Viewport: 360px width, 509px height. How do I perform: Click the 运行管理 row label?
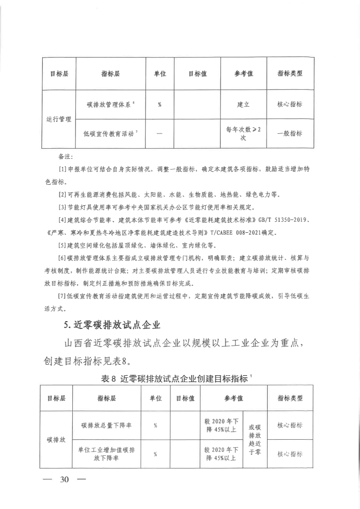coord(59,119)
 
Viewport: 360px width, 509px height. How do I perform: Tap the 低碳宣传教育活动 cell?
coord(111,133)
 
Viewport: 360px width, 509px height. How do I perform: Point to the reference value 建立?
coord(243,105)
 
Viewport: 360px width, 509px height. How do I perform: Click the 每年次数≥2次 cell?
coord(243,133)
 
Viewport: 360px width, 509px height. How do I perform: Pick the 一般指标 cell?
coord(290,133)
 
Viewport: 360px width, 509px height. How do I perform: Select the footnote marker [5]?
coord(62,244)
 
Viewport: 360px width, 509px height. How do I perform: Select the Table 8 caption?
coord(177,378)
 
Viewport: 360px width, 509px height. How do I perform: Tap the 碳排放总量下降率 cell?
coord(106,425)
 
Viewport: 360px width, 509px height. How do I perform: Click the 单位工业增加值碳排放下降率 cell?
coord(106,453)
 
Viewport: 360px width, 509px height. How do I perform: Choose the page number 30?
coord(65,479)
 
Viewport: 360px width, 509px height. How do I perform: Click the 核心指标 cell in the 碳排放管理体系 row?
coord(290,105)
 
